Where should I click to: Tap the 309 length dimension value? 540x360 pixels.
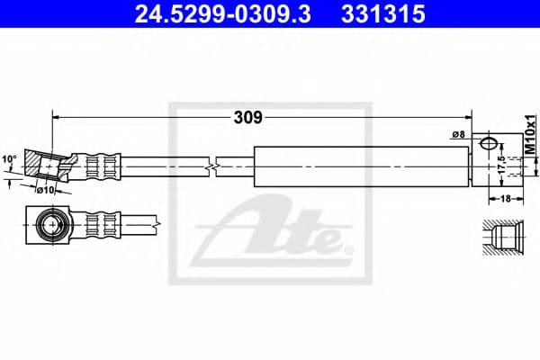tap(248, 116)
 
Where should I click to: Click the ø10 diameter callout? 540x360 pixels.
tap(46, 189)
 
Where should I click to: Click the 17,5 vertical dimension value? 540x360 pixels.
tap(501, 166)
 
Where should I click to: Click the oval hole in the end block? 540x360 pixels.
tap(489, 143)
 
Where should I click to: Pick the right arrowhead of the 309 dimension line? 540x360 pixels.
tap(468, 116)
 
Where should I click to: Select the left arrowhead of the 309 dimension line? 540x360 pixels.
tap(58, 116)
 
